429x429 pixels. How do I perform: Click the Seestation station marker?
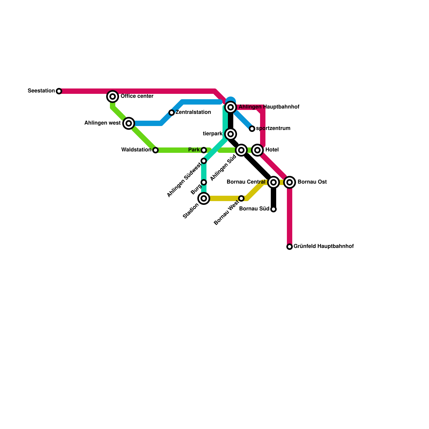tap(59, 91)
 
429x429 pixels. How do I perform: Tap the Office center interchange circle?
tap(113, 96)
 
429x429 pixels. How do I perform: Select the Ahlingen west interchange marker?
tap(129, 123)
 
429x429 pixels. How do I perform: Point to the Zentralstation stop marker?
tap(172, 113)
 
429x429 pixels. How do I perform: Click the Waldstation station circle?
tap(156, 150)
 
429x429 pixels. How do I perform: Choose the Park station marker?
tap(204, 150)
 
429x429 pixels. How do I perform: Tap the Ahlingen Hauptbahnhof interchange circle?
tap(231, 107)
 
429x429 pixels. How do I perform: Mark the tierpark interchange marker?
tap(231, 134)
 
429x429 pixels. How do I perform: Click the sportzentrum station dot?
tap(252, 129)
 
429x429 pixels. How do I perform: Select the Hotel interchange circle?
tap(257, 150)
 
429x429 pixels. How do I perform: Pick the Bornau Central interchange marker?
tap(273, 182)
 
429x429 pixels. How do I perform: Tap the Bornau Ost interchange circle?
tap(290, 182)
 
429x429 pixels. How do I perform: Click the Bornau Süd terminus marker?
tap(273, 209)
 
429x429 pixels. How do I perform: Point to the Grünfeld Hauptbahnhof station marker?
tap(290, 247)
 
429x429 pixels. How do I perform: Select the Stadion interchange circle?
tap(204, 198)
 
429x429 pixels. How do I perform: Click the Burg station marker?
tap(204, 182)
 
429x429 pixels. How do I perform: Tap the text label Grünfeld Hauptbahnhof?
tap(324, 246)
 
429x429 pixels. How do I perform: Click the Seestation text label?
tap(41, 91)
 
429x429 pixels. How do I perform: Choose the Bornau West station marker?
tap(241, 198)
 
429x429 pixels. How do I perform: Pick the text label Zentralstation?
tap(193, 112)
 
